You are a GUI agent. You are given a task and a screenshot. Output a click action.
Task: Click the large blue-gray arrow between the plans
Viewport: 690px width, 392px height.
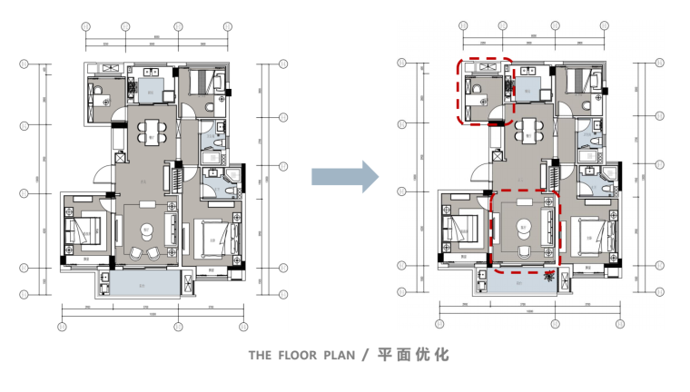(344, 176)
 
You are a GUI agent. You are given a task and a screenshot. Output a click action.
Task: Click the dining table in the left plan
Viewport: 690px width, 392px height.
(150, 132)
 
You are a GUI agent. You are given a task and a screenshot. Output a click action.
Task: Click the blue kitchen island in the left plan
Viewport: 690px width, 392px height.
(151, 88)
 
